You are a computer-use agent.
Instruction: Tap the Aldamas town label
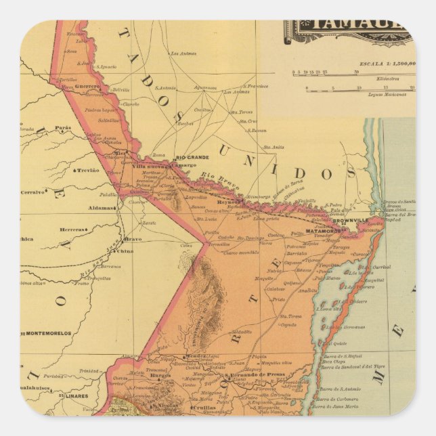pos(100,208)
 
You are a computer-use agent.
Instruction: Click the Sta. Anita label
pos(274,146)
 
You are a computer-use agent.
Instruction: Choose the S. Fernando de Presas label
pos(250,374)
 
